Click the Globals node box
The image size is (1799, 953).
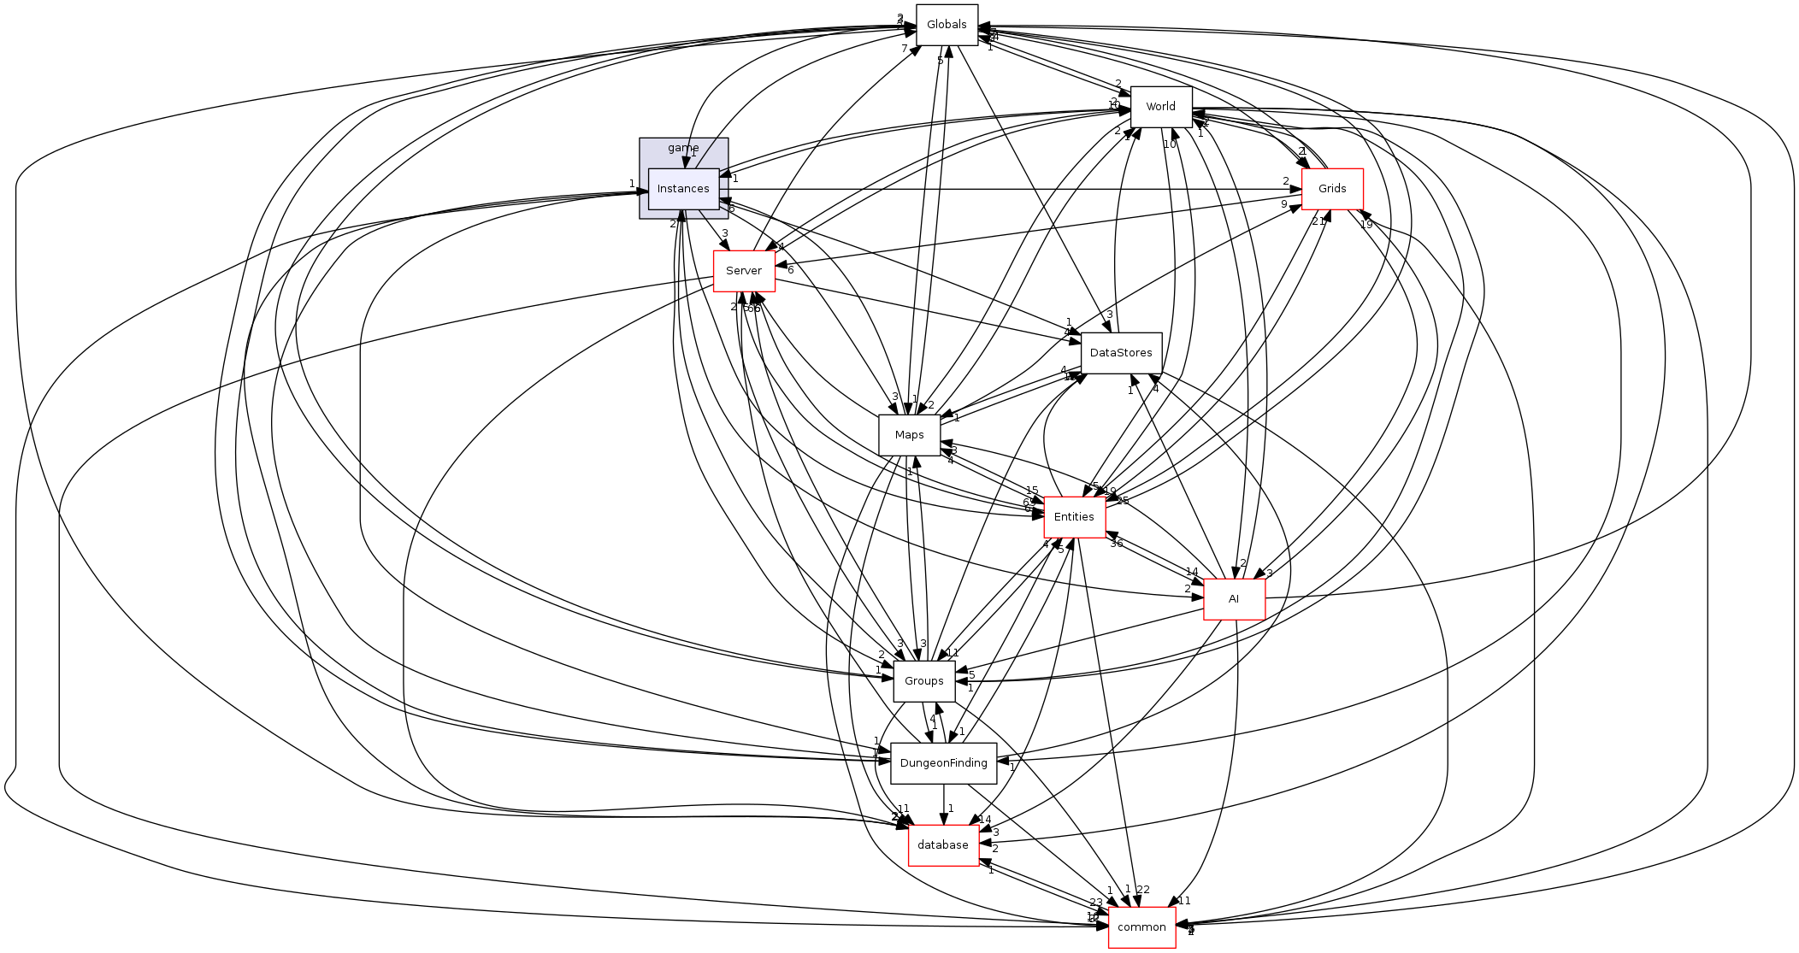pos(947,25)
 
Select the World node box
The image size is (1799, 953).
pos(1160,107)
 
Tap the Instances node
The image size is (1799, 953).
pos(683,189)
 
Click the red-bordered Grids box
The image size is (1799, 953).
pos(1331,189)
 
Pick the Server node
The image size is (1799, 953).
pos(744,271)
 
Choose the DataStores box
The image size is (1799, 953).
pos(1121,353)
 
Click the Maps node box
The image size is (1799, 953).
pos(909,435)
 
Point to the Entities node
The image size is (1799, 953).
pos(1074,517)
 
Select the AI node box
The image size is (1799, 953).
pos(1233,599)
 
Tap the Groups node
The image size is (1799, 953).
pos(923,681)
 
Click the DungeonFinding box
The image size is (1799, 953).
pos(943,763)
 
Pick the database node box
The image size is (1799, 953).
pos(943,845)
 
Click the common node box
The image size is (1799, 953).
pos(1141,927)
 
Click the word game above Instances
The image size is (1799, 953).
pos(683,148)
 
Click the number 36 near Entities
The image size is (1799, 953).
pos(1116,544)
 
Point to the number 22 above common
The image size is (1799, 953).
pos(1143,890)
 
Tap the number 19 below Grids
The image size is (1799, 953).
pos(1365,225)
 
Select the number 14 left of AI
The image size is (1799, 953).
pos(1191,572)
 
